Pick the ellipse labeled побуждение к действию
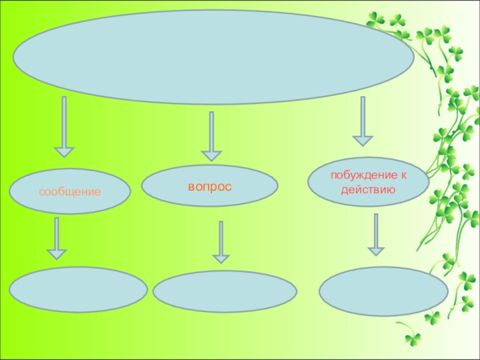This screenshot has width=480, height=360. [x=368, y=183]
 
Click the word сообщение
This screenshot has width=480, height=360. [x=70, y=193]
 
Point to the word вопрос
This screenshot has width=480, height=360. [x=209, y=187]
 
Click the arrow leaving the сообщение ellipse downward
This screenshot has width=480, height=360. [x=57, y=238]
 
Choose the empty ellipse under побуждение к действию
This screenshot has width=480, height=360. [x=383, y=291]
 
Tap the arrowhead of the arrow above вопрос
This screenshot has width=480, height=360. [x=211, y=155]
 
